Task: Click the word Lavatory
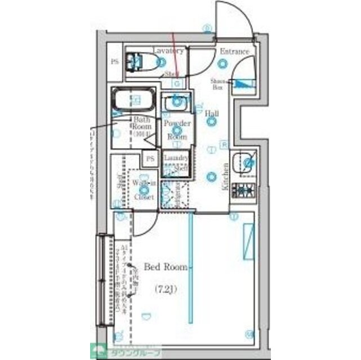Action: coord(168,51)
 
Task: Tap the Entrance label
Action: coord(234,52)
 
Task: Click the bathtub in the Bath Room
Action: coord(134,100)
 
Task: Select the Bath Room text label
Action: coord(141,123)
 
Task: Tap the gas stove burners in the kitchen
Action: coord(245,191)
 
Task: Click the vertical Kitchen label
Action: coord(226,177)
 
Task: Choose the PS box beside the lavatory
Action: coord(114,61)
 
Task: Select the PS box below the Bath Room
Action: coord(150,159)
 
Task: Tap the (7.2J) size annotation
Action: coord(166,290)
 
